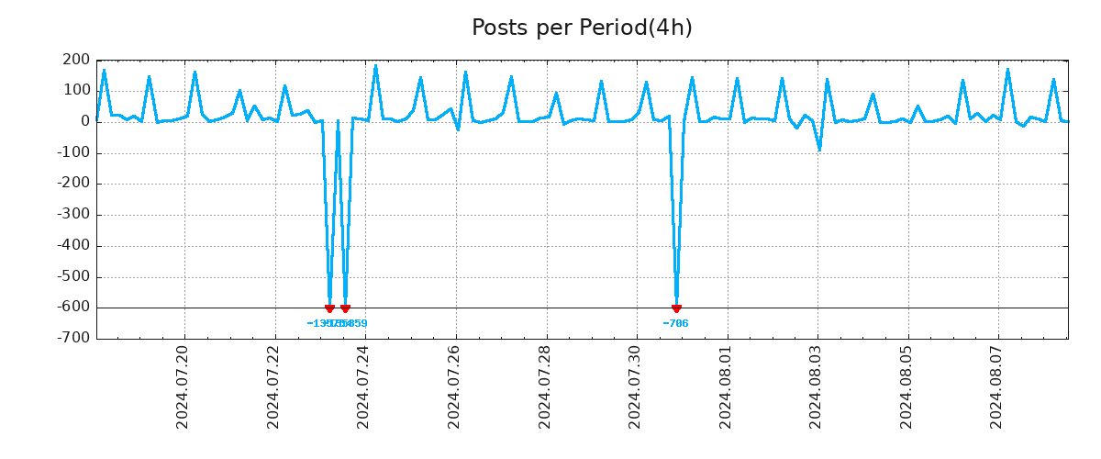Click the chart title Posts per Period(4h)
click(582, 28)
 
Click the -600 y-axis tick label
click(73, 308)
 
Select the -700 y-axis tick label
click(73, 339)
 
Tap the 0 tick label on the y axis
click(84, 121)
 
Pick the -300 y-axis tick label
click(73, 215)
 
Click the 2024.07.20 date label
click(183, 386)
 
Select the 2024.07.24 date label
click(363, 386)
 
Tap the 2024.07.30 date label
click(635, 386)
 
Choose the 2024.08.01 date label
click(725, 386)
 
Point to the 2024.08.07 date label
click(996, 386)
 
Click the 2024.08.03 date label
click(816, 386)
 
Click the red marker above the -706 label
click(676, 308)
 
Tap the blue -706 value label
click(675, 324)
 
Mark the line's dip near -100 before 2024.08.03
click(819, 150)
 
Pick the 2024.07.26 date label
click(454, 386)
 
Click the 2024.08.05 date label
click(906, 386)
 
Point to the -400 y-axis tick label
click(73, 246)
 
